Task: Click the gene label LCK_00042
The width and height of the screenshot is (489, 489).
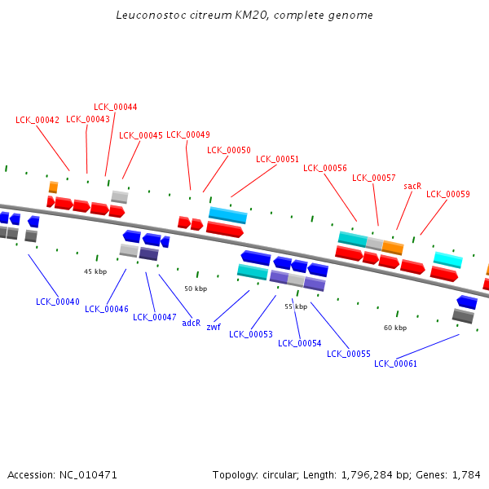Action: pyautogui.click(x=37, y=120)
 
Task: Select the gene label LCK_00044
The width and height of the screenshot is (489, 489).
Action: pyautogui.click(x=116, y=107)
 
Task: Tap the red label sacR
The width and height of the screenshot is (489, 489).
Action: pyautogui.click(x=412, y=186)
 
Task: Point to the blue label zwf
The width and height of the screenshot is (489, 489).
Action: pyautogui.click(x=214, y=327)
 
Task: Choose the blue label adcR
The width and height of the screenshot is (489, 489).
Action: pyautogui.click(x=192, y=323)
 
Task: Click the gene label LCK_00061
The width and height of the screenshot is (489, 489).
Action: pyautogui.click(x=395, y=363)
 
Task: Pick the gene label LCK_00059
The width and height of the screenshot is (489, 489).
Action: pyautogui.click(x=447, y=194)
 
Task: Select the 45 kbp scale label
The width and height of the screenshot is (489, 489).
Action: pyautogui.click(x=95, y=271)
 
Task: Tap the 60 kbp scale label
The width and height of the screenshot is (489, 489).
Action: pyautogui.click(x=395, y=328)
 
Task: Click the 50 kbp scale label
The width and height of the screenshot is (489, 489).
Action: pyautogui.click(x=196, y=289)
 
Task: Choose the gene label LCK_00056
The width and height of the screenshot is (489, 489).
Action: pyautogui.click(x=325, y=169)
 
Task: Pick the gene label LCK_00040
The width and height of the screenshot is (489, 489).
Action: pyautogui.click(x=58, y=302)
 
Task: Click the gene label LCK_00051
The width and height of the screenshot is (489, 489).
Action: pyautogui.click(x=277, y=160)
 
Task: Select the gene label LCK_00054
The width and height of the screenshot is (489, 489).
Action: pyautogui.click(x=299, y=343)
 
